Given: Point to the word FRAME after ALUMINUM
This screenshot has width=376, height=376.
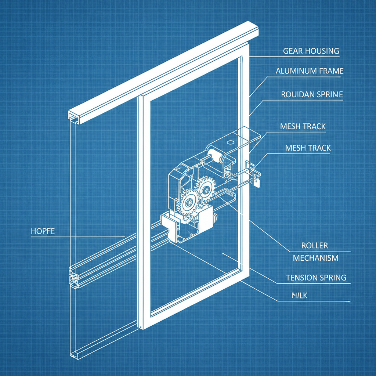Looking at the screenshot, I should (330, 71).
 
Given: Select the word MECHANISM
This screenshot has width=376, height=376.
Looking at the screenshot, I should (315, 258).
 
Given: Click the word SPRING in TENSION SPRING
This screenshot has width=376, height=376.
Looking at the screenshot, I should (333, 278).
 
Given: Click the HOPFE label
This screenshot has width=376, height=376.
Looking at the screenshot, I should (43, 231).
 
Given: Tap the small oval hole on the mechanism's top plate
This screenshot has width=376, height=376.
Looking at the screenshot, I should (231, 141).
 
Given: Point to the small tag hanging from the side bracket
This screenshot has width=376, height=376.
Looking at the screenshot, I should (257, 182).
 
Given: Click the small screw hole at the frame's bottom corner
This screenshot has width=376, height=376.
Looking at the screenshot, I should (141, 326).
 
